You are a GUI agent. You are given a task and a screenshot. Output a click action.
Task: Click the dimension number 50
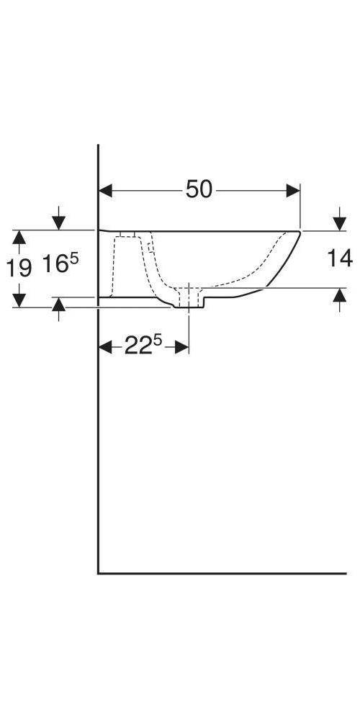pos(199,189)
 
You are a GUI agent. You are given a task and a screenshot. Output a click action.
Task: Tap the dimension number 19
pos(19,269)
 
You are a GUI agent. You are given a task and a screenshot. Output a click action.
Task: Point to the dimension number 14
pos(339,258)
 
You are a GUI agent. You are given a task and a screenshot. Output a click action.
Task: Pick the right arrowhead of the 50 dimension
pos(293,190)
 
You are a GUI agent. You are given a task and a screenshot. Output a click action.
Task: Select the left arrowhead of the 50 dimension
pos(105,190)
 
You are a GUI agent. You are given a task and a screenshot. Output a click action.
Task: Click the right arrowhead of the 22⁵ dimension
pos(182,348)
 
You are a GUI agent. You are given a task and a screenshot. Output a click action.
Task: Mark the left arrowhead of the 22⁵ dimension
pos(105,348)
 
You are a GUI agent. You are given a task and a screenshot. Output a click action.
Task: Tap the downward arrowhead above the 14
pos(339,224)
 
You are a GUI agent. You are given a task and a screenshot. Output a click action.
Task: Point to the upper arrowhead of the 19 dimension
pos(20,237)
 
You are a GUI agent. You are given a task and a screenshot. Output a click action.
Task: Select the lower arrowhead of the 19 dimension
pos(20,300)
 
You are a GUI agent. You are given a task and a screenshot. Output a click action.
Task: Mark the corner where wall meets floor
pos(99,573)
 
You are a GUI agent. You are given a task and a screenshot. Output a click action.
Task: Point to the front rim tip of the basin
pos(298,232)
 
